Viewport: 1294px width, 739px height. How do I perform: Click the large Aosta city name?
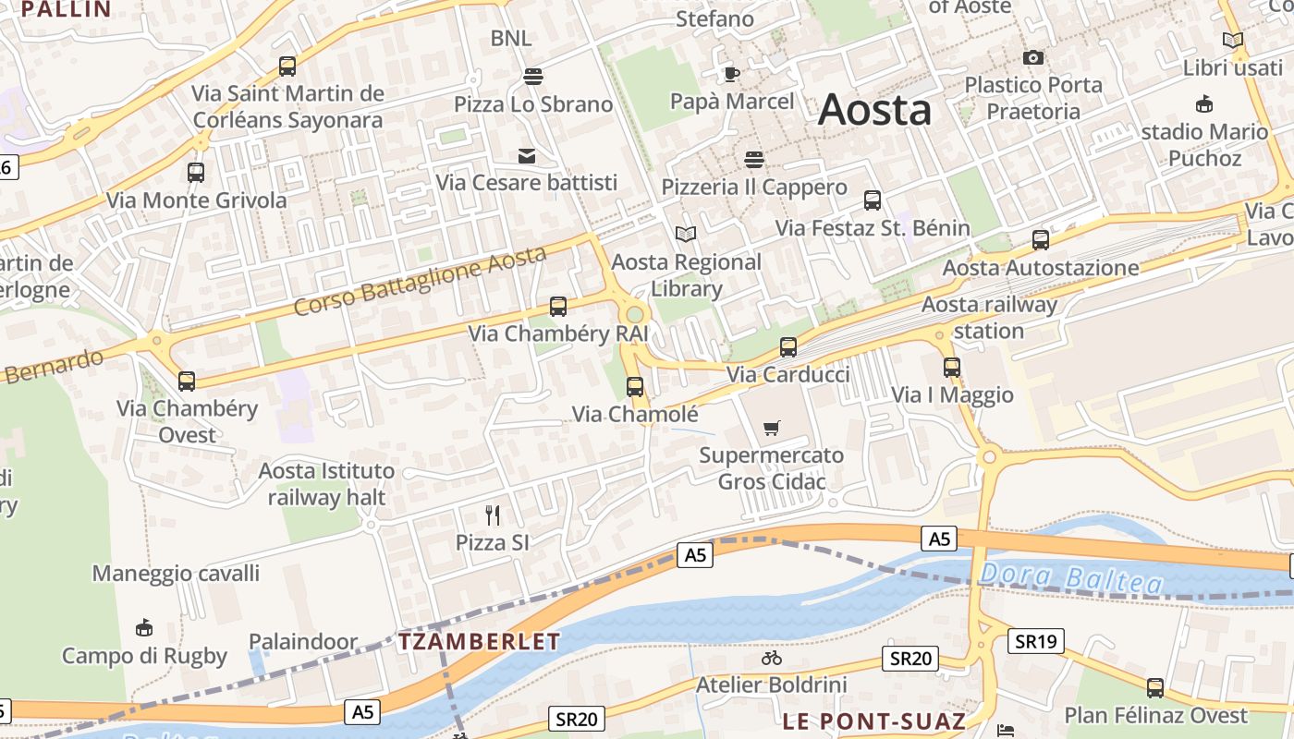coord(874,110)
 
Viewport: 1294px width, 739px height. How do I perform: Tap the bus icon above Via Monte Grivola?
coord(196,172)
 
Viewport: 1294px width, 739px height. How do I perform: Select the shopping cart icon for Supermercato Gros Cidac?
coord(772,428)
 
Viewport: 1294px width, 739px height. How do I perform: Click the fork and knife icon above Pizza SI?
coord(493,515)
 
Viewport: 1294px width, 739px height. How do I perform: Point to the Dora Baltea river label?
coord(1070,578)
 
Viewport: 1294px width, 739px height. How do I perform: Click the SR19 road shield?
coord(1038,640)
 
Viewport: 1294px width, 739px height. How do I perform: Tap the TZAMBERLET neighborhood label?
coord(480,642)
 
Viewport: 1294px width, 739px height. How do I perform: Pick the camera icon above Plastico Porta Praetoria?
coord(1033,58)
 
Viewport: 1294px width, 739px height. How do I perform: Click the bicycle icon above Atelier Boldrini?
coord(772,658)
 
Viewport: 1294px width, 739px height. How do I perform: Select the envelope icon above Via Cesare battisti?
coord(527,156)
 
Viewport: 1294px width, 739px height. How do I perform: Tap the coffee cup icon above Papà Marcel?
coord(732,74)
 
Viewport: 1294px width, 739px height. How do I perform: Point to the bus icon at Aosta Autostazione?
coord(1041,240)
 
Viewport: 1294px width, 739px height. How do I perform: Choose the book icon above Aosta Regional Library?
coord(686,235)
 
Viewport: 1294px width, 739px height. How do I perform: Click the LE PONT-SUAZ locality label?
coord(873,721)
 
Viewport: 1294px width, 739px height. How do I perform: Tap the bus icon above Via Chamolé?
coord(635,387)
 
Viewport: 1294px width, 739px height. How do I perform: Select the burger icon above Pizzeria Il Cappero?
coord(754,160)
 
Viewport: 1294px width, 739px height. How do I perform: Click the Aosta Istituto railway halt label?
coord(326,484)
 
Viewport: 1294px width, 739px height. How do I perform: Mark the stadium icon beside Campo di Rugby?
coord(144,628)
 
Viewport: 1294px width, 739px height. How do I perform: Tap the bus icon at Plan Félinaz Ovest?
coord(1155,687)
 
